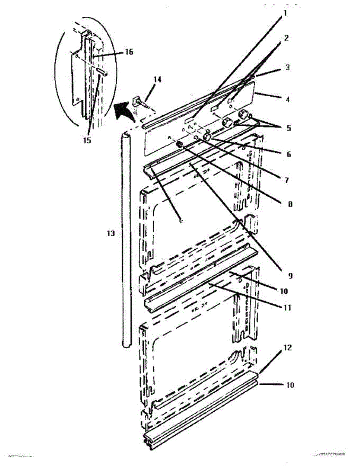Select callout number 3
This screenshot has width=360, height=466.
coord(288,67)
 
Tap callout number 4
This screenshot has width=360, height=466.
coord(287,99)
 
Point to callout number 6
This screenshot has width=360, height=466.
coord(288,154)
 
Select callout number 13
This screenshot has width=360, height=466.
coord(111,233)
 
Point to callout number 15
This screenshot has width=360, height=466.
coord(87,140)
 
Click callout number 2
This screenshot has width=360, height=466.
coord(286,38)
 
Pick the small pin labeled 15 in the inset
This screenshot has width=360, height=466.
coord(103,72)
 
